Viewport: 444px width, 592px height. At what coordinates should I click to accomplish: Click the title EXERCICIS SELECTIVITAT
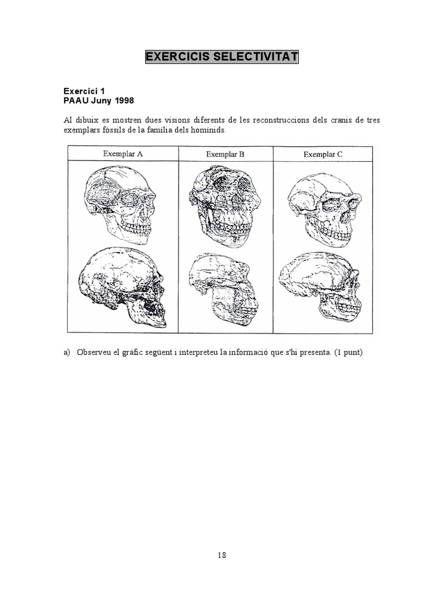222,57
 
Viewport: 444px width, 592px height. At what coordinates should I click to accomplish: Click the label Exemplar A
123,154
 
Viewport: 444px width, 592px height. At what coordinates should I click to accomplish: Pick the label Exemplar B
225,154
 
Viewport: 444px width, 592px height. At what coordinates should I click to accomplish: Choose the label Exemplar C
323,154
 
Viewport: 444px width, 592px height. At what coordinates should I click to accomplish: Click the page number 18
222,555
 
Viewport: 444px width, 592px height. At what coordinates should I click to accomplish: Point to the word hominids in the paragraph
207,131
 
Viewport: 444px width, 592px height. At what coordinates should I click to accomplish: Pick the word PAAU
75,101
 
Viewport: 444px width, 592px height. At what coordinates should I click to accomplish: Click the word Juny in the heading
100,101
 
